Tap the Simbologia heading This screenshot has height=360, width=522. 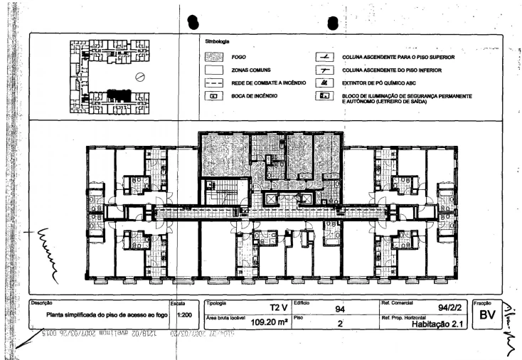click(217, 43)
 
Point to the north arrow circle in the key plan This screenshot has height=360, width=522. click(141, 78)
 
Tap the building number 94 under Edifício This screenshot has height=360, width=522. click(340, 309)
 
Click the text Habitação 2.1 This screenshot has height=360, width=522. click(437, 322)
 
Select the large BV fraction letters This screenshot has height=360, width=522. click(487, 314)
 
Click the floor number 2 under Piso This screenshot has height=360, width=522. click(340, 323)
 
